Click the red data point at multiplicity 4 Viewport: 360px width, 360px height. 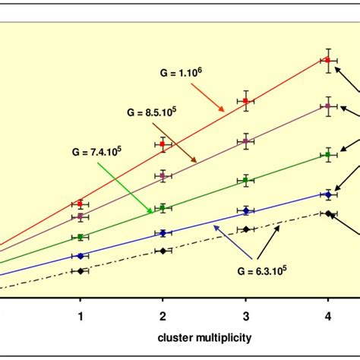tap(327, 60)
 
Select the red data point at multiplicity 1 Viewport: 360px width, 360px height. tap(80, 204)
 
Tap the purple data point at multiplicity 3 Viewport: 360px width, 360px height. tap(245, 141)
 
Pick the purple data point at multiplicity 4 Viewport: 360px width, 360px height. tap(327, 106)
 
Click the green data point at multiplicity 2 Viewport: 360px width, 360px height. tap(163, 207)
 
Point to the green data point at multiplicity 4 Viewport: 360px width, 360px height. tap(327, 155)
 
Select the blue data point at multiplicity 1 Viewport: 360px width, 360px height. tap(80, 255)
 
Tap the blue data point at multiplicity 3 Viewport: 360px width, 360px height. tap(245, 210)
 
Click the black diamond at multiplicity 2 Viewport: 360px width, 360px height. tap(163, 251)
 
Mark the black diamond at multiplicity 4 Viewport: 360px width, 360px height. tap(327, 213)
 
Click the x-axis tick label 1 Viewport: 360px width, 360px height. tap(80, 314)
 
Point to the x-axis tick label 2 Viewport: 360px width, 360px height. tap(163, 314)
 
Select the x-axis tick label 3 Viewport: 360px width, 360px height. tap(245, 314)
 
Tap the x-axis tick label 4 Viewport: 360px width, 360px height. tap(327, 314)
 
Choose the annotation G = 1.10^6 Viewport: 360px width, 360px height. tap(181, 74)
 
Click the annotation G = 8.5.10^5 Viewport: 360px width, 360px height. tap(152, 112)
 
